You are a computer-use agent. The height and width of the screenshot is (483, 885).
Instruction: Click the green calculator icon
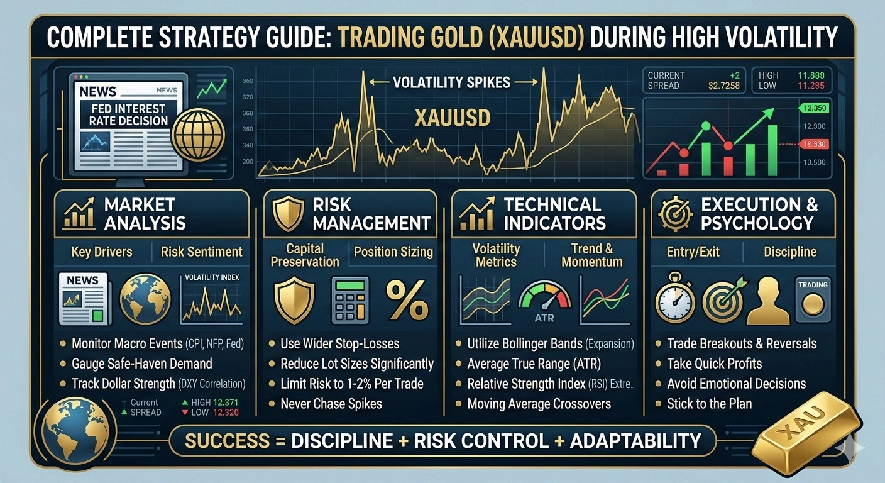[351, 300]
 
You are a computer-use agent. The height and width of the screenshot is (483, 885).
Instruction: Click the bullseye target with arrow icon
[723, 300]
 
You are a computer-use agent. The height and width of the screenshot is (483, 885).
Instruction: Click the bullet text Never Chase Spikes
[331, 403]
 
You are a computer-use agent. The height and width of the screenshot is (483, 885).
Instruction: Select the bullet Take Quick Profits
[714, 364]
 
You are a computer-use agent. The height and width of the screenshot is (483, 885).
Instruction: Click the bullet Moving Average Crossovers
[539, 403]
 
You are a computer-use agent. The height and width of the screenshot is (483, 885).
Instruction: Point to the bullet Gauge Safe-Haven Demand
[141, 364]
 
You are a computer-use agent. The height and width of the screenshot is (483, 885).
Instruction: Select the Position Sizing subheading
[393, 252]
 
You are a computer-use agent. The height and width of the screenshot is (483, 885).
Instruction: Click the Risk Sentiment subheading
[201, 252]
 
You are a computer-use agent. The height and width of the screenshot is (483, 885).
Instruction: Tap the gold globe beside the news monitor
[198, 133]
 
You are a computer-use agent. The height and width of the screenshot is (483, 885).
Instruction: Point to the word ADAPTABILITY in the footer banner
[635, 441]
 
